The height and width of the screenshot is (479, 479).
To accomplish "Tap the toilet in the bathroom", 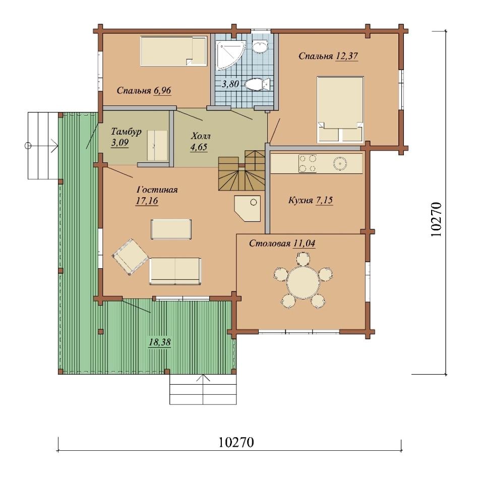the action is [x=258, y=85].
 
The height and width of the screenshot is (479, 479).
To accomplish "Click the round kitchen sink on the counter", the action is [x=339, y=163].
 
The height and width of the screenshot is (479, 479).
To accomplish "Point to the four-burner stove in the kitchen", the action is [x=308, y=163].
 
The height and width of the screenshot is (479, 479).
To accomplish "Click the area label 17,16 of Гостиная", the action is [x=147, y=201].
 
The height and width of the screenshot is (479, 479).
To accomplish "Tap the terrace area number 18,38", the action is [x=159, y=342].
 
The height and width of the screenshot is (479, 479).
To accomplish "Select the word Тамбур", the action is [x=126, y=132].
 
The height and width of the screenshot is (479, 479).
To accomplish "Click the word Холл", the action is [x=201, y=136].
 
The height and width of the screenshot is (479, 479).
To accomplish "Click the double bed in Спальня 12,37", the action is [x=340, y=109].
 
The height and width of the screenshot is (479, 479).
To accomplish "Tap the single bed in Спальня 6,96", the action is [x=173, y=51].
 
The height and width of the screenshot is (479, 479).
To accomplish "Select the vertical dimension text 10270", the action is [x=436, y=219].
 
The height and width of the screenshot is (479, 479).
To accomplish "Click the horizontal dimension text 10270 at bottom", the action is [x=236, y=442].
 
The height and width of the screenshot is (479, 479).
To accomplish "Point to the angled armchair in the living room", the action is [x=131, y=257].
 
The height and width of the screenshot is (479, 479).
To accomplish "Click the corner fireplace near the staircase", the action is [x=248, y=208].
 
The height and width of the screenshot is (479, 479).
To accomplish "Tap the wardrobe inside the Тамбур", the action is [x=157, y=145].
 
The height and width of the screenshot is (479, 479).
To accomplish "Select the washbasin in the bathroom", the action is [x=260, y=46].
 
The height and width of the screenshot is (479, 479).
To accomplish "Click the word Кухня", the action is [x=301, y=200].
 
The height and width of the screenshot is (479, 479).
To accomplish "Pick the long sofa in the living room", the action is [x=175, y=271].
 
